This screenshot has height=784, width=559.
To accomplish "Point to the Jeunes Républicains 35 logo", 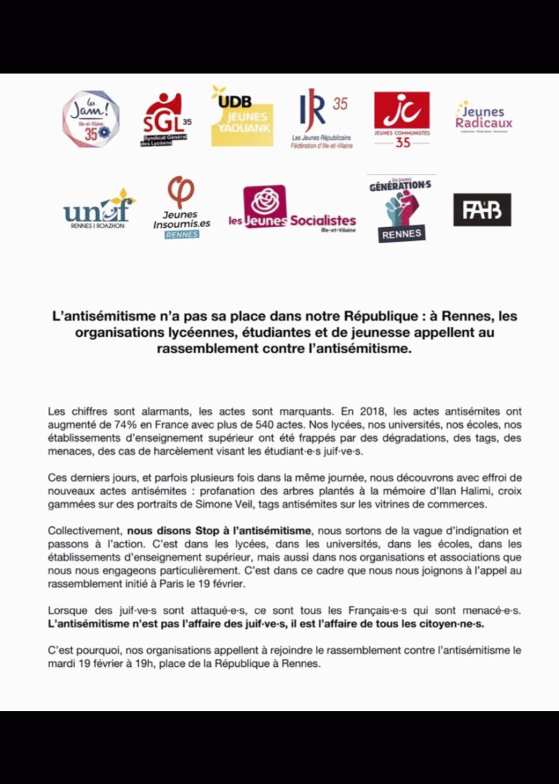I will click(x=320, y=120).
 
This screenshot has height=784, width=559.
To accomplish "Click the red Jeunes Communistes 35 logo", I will click(x=402, y=119).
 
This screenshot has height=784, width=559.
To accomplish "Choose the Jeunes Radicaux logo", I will click(x=484, y=117).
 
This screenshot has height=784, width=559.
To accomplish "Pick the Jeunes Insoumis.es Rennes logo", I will click(x=181, y=207).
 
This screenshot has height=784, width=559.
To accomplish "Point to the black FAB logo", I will click(x=482, y=210).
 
